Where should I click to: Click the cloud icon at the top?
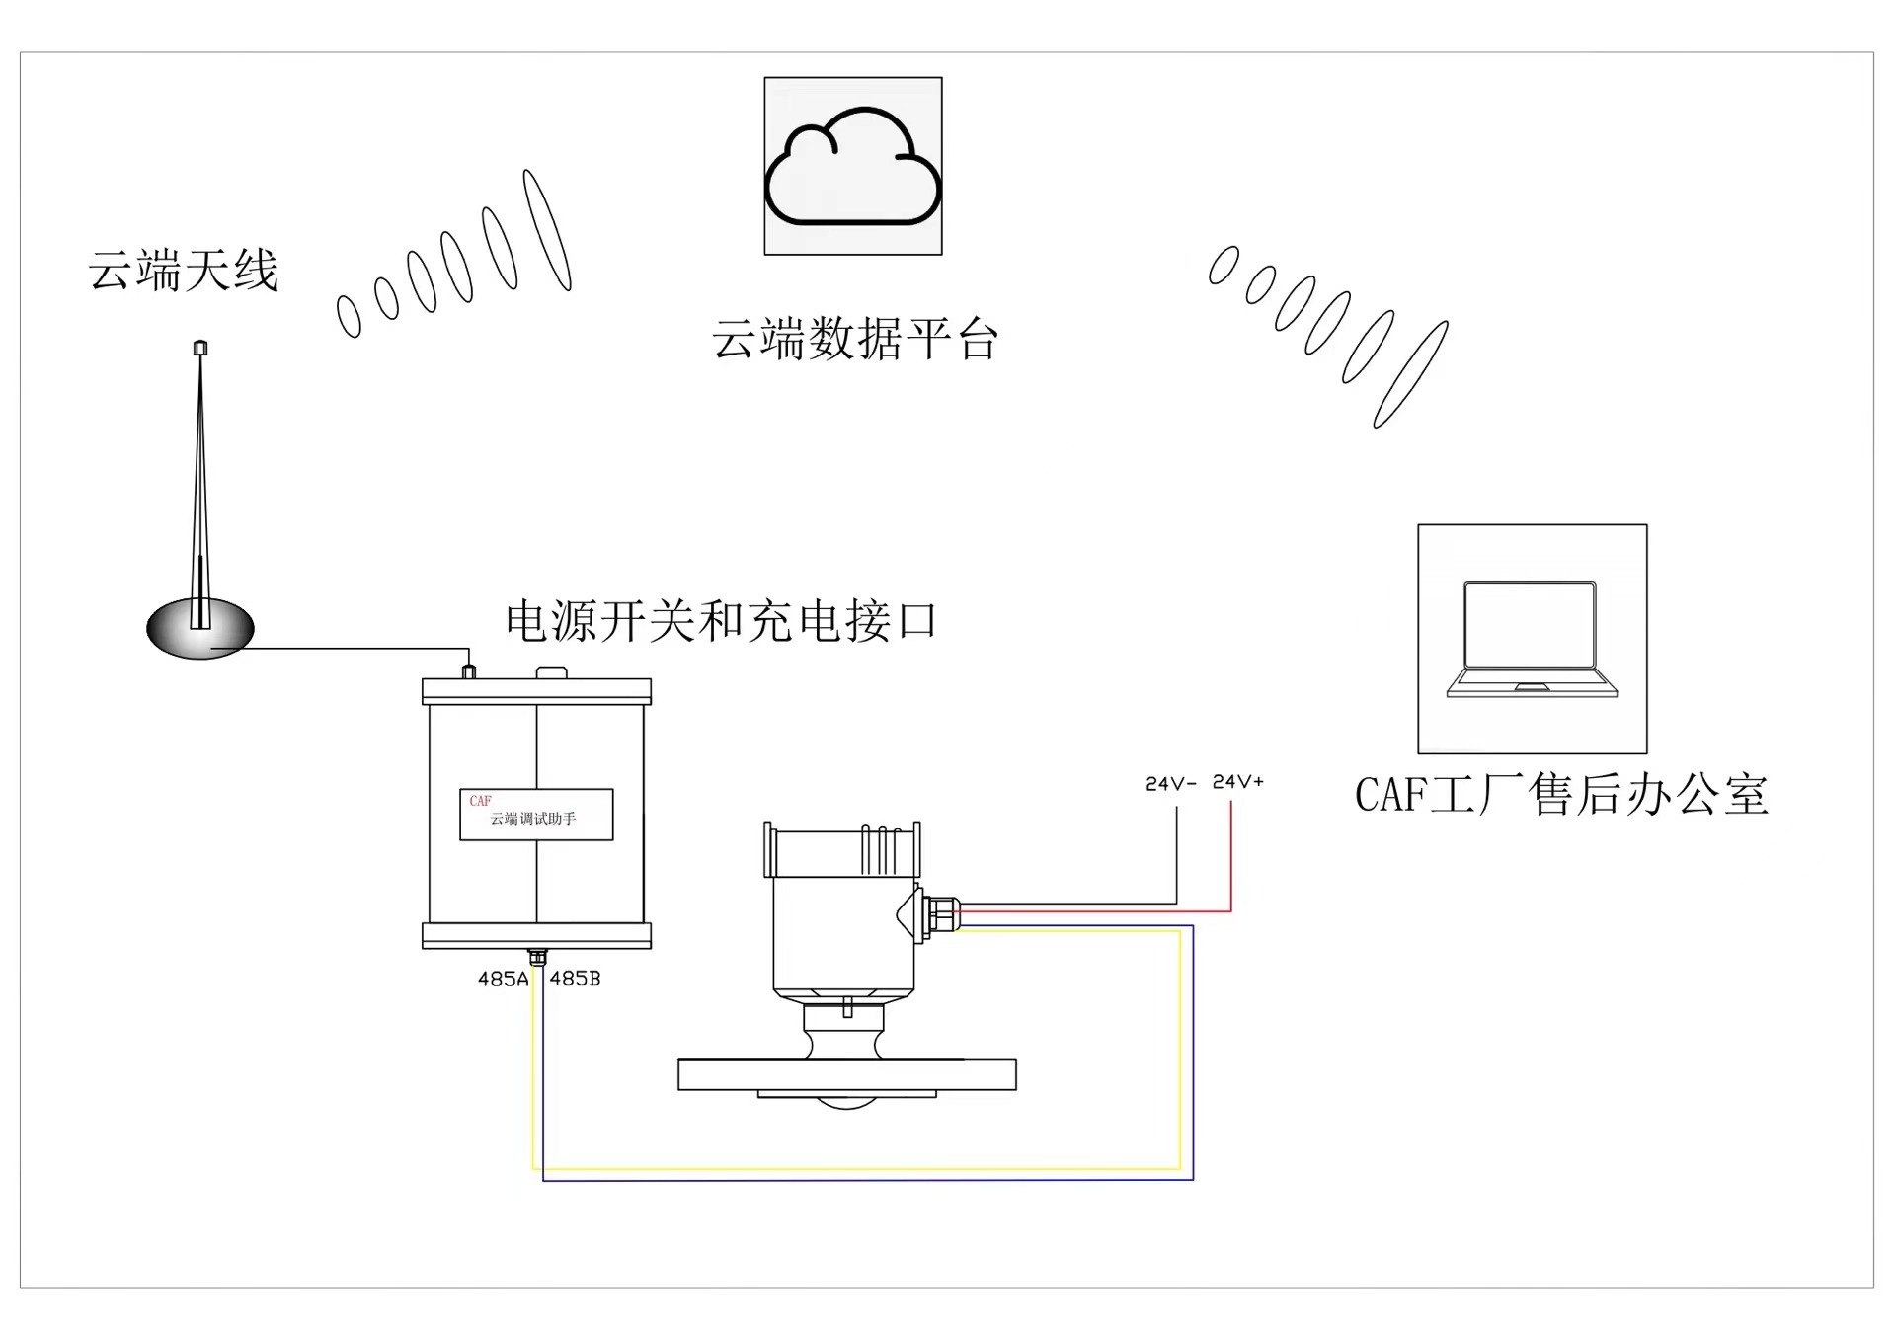click(x=853, y=166)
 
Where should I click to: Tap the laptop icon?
click(x=1532, y=639)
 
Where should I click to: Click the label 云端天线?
click(x=184, y=271)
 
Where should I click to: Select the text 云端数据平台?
click(x=855, y=340)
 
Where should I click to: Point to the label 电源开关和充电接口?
click(x=721, y=621)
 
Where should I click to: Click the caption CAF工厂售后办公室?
click(x=1561, y=795)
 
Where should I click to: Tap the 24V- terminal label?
click(x=1171, y=784)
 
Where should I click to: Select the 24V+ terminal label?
click(x=1238, y=782)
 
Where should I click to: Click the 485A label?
click(x=503, y=980)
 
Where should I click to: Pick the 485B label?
click(x=575, y=979)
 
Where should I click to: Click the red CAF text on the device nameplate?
click(x=481, y=801)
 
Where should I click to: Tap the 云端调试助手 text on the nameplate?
click(x=533, y=819)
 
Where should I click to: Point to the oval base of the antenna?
click(x=200, y=629)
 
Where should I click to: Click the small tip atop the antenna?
click(x=200, y=348)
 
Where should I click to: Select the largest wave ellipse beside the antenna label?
click(x=547, y=230)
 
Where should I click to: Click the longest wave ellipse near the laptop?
click(x=1411, y=374)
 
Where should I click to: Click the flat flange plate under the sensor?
click(x=846, y=1074)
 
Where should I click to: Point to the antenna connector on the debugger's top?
click(x=469, y=672)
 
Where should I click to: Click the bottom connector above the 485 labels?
click(x=537, y=957)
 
